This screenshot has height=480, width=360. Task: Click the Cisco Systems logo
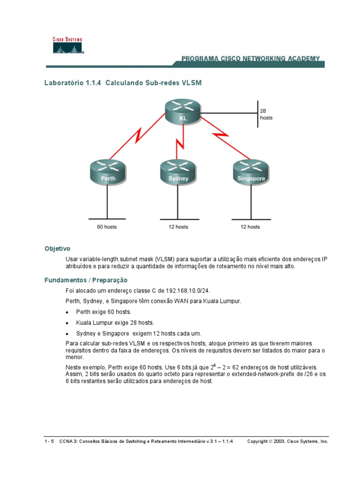click(67, 45)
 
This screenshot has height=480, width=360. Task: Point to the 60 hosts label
click(107, 227)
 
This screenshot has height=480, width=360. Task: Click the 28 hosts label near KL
click(266, 114)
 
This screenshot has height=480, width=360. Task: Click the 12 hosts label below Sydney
click(178, 227)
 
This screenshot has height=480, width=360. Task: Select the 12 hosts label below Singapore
click(250, 227)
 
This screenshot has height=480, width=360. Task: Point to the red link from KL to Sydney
click(180, 141)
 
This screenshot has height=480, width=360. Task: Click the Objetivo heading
click(57, 248)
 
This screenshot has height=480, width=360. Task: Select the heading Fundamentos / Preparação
click(86, 280)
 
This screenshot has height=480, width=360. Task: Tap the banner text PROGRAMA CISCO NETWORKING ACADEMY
click(250, 59)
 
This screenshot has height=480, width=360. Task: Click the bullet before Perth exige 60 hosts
click(67, 312)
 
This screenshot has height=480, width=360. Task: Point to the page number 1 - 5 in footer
click(49, 442)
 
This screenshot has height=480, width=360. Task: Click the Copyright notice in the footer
click(287, 442)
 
